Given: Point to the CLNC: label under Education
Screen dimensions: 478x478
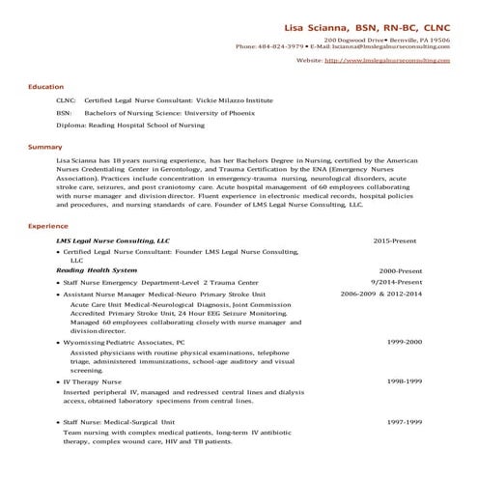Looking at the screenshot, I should (66, 100).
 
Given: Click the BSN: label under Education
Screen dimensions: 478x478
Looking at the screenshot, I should (65, 112).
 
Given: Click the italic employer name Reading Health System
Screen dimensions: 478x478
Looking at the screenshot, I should (97, 269).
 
